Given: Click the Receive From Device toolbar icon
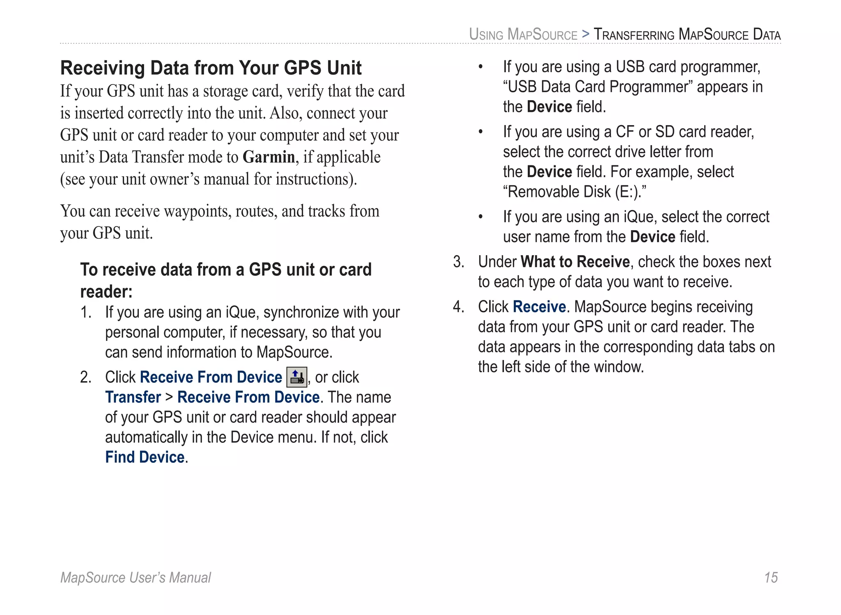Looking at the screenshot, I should point(296,377).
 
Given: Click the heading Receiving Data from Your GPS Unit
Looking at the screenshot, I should point(211,68).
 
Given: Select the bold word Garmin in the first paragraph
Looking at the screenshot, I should point(269,157).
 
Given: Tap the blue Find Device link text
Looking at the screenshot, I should point(145,457).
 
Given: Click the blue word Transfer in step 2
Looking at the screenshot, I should point(133,397).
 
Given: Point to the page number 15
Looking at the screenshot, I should point(771,578).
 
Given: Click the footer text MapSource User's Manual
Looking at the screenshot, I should point(136,578).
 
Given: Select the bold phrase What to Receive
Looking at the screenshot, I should point(575,262).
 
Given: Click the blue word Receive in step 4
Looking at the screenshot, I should point(539,307).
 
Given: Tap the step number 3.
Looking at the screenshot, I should point(458,262).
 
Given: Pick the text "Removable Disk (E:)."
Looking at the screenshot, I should point(574,192).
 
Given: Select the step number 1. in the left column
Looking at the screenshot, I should point(85,312).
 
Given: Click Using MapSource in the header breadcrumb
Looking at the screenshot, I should point(523,34).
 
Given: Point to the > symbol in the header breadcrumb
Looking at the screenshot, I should point(586,34).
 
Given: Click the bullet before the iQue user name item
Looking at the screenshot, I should point(480,217).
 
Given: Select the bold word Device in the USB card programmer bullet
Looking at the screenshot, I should point(549,107).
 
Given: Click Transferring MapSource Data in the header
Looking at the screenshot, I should point(687,34).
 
